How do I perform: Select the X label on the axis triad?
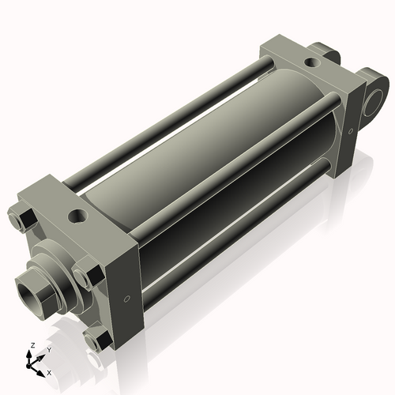[49, 371]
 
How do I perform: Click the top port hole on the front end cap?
[77, 214]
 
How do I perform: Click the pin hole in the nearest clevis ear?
[373, 99]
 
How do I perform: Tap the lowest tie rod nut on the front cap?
[98, 340]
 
